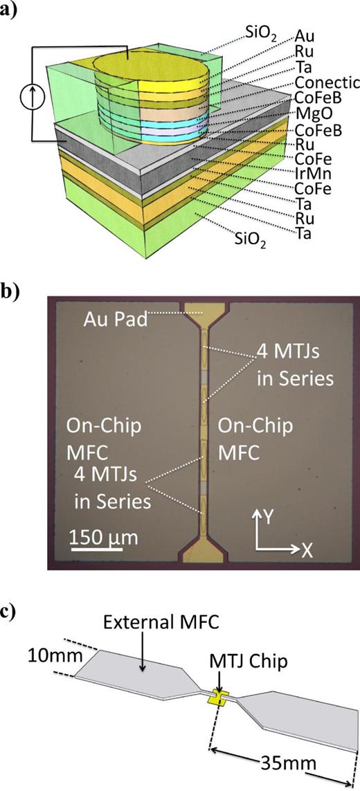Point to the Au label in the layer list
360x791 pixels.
coord(303,35)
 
